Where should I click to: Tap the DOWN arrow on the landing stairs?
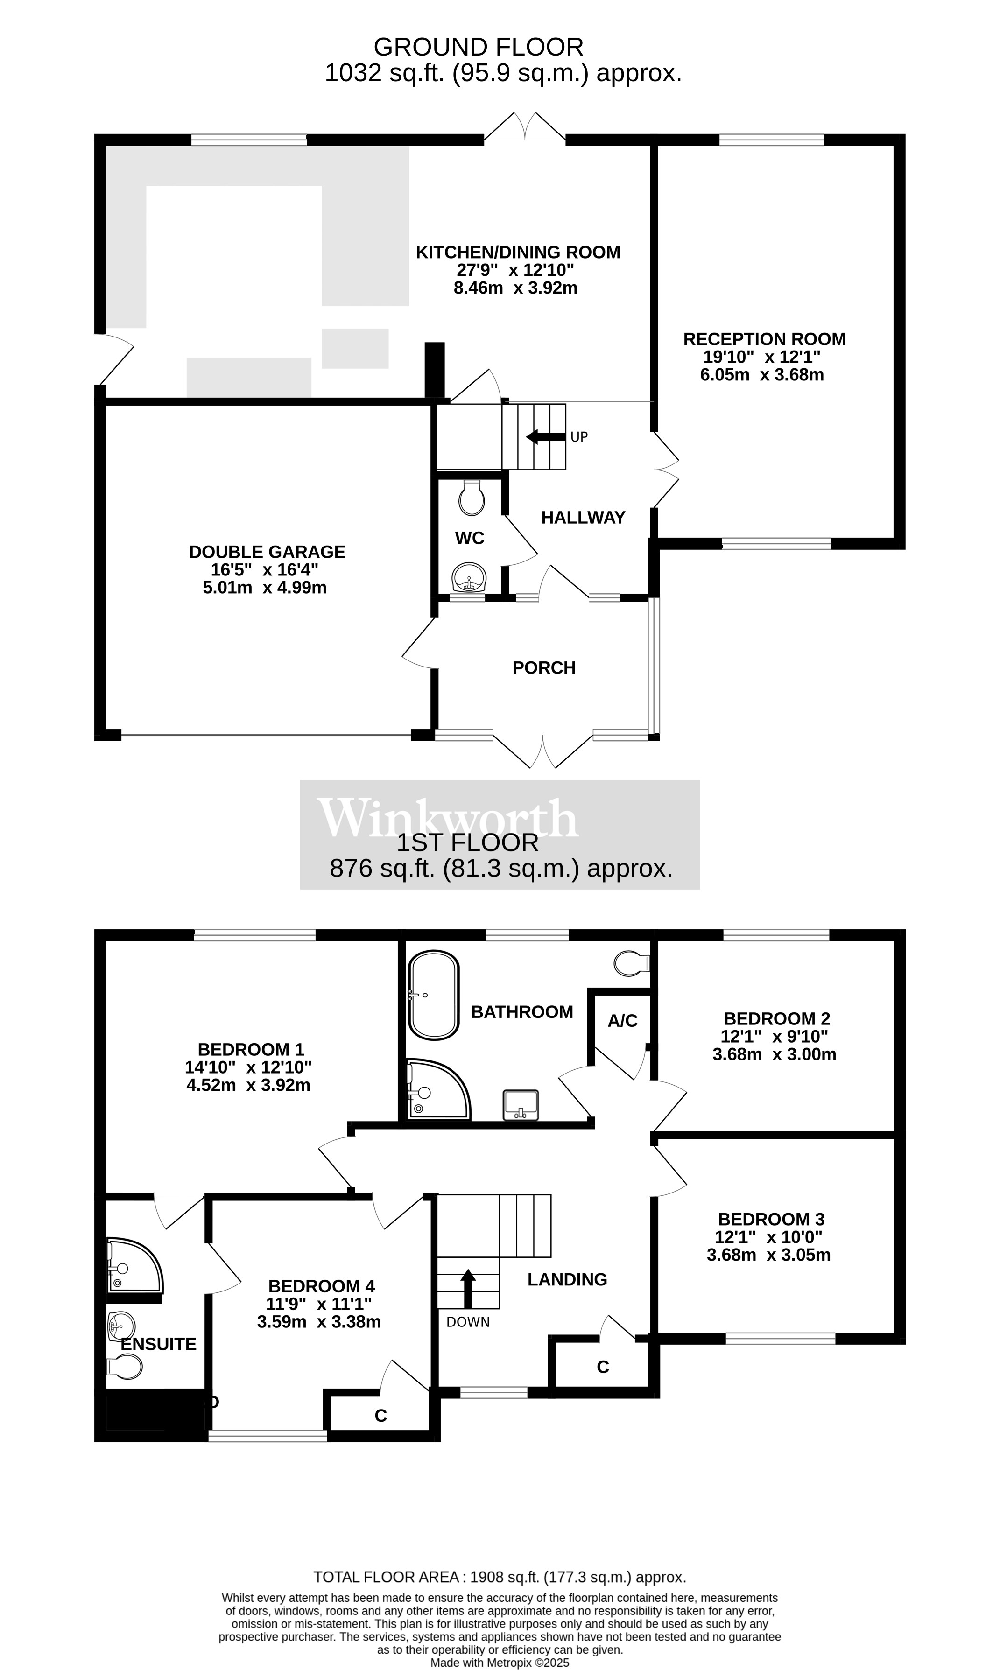[x=468, y=1288]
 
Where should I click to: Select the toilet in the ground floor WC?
[x=471, y=498]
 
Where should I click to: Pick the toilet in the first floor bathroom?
[x=631, y=963]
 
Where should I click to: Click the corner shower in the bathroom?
[x=435, y=1090]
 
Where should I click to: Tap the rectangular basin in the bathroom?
[x=521, y=1104]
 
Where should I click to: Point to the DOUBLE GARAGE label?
[x=267, y=552]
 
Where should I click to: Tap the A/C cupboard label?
[x=622, y=1021]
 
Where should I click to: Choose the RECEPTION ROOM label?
[x=764, y=339]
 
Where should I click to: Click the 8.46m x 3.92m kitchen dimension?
[x=515, y=288]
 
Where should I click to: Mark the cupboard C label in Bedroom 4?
[x=381, y=1416]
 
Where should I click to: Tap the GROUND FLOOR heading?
[x=479, y=47]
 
